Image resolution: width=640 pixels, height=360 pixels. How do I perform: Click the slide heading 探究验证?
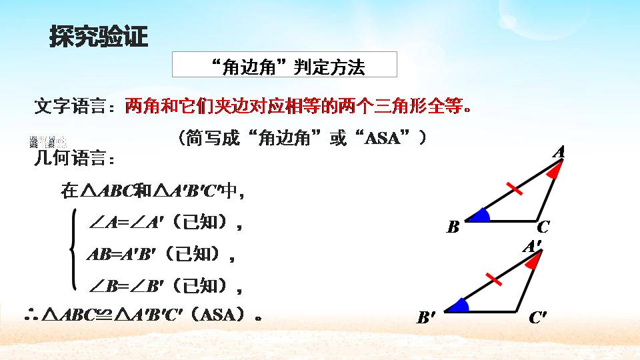(98, 37)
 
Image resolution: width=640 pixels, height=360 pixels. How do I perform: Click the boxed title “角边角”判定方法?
(285, 66)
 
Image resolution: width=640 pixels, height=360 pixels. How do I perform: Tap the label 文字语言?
(75, 106)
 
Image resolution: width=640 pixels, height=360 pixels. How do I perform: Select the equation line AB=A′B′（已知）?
(161, 254)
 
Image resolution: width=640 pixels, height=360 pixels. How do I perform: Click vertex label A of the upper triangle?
(559, 153)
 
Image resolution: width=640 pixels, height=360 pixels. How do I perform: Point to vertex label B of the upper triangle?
(453, 228)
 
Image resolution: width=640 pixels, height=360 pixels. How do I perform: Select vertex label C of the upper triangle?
(543, 227)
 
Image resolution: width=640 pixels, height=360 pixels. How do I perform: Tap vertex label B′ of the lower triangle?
(425, 319)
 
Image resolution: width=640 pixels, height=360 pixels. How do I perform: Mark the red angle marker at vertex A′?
(533, 261)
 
